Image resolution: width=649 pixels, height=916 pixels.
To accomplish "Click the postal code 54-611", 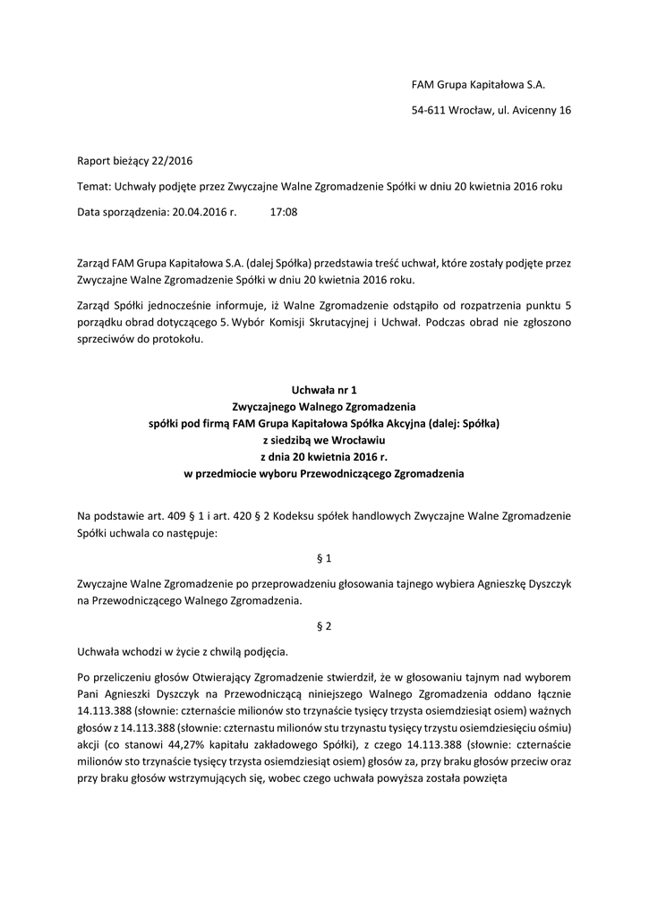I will [428, 110].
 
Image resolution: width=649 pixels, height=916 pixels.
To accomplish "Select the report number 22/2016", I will [171, 161].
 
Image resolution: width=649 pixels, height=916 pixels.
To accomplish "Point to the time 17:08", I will [283, 212].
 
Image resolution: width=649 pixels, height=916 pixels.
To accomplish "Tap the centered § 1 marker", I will [324, 558].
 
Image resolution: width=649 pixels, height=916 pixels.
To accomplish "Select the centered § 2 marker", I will [324, 626].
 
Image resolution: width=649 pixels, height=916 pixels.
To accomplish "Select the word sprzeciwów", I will [107, 340].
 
